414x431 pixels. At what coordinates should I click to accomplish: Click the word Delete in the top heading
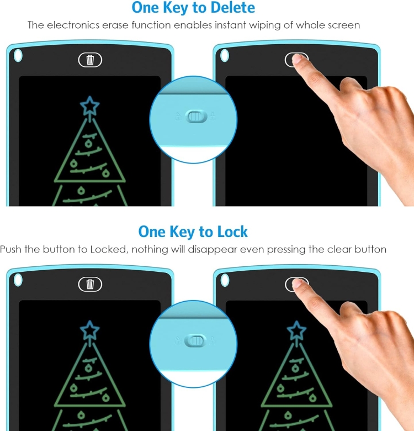232,7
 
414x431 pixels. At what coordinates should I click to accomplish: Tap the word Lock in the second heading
232,232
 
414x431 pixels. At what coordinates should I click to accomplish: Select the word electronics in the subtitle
73,25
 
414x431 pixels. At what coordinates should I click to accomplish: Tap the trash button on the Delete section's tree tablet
90,60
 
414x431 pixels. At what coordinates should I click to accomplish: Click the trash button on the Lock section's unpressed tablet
90,284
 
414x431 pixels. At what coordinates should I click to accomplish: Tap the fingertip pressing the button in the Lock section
298,283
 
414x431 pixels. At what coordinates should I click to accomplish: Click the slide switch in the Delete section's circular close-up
196,116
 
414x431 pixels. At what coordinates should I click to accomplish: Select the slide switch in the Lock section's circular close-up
195,341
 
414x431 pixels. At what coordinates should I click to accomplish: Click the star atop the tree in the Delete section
89,106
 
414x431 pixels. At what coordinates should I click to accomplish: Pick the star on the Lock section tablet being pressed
296,330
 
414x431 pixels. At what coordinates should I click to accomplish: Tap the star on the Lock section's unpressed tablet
89,330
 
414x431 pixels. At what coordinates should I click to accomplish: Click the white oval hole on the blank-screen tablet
225,55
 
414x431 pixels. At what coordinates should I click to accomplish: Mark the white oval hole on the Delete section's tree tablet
18,55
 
